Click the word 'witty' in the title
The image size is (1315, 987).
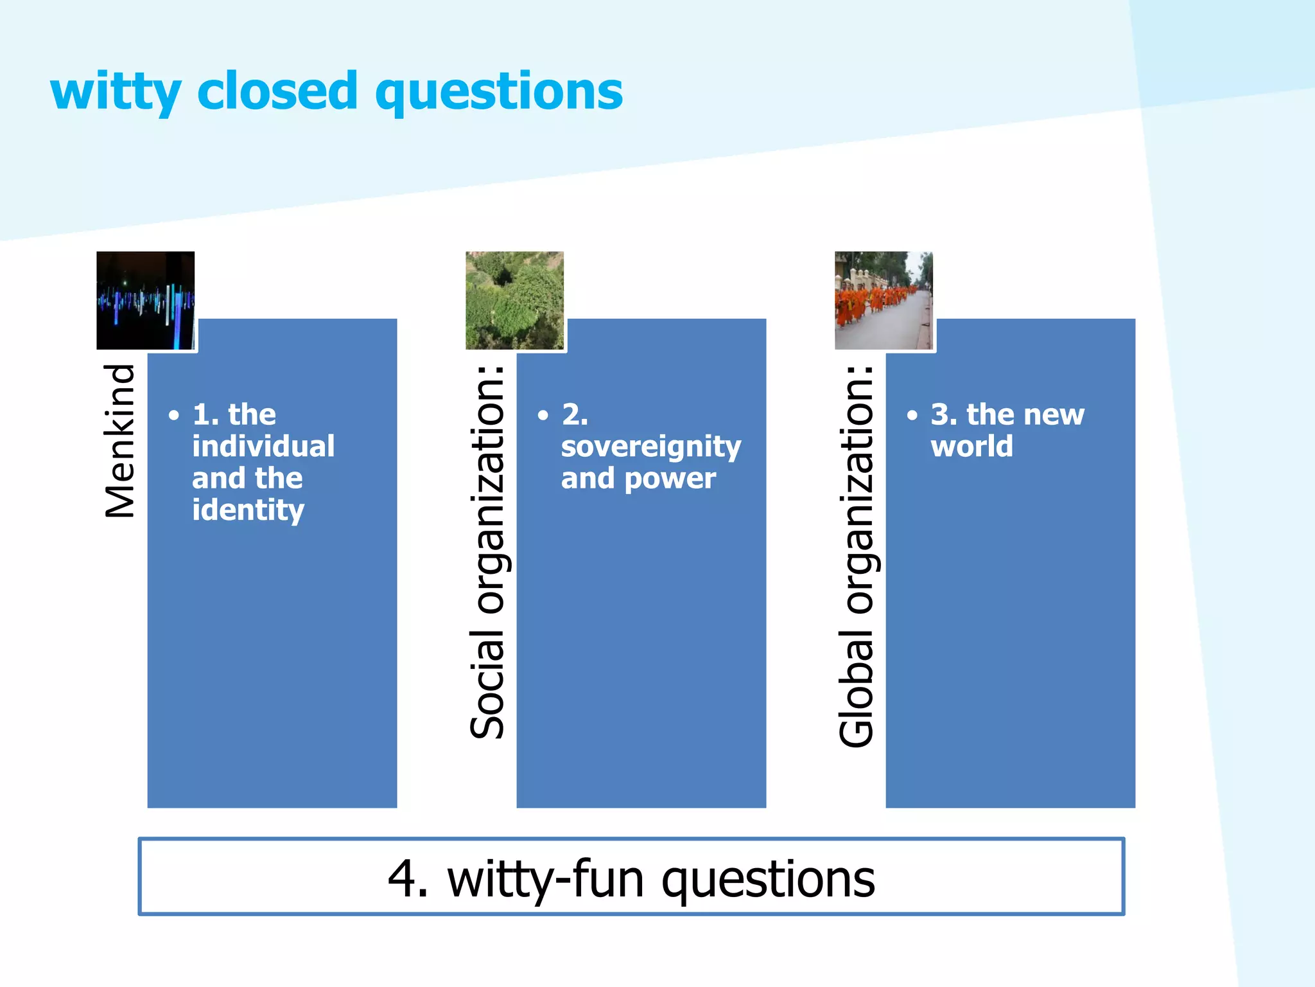[x=116, y=92]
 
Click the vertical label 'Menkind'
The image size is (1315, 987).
[x=120, y=441]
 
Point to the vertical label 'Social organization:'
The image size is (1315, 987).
[x=487, y=553]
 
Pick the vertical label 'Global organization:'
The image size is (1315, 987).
[x=857, y=556]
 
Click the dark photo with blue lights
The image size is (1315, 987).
[x=146, y=301]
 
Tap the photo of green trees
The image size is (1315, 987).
[x=514, y=301]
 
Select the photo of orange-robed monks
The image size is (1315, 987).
[x=884, y=301]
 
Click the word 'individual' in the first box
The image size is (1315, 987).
[x=263, y=446]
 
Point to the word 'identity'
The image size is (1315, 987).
[x=248, y=510]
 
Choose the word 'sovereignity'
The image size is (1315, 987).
[x=651, y=447]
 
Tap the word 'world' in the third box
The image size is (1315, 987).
[x=971, y=446]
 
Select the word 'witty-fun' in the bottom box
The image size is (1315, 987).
[x=545, y=879]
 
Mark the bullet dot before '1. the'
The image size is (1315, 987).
[x=174, y=415]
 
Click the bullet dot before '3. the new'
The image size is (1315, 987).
[x=912, y=415]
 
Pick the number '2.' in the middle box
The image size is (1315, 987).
[x=575, y=414]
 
